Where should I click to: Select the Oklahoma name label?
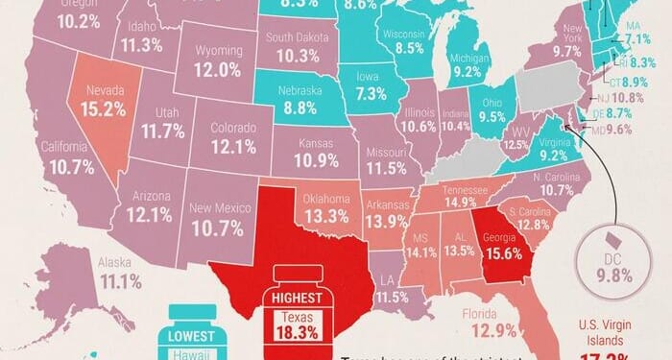click(x=327, y=199)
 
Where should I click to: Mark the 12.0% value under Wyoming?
click(x=216, y=69)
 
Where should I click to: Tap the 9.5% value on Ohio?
click(x=492, y=118)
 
